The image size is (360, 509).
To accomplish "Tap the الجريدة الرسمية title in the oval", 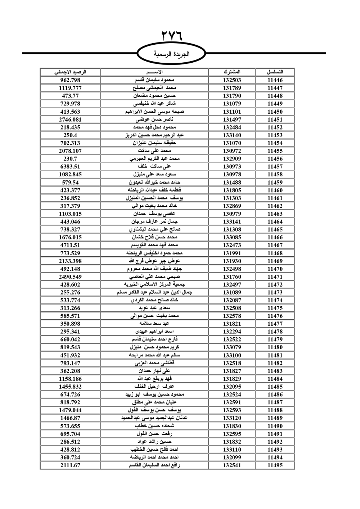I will [172, 54].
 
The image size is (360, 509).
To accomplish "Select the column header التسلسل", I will [275, 72].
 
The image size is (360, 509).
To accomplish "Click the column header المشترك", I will [232, 72].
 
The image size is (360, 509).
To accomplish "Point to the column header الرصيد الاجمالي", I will [70, 72].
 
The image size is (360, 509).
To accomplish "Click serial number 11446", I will [275, 80].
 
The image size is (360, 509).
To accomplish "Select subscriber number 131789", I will [232, 88].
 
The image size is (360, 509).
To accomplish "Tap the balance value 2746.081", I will [70, 120].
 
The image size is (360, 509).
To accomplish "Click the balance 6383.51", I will [70, 167].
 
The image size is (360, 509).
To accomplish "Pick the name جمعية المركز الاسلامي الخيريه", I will [154, 284].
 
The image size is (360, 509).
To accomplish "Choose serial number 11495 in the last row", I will [275, 465].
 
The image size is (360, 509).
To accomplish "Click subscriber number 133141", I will [232, 222].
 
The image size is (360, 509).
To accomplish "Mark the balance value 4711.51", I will [70, 245].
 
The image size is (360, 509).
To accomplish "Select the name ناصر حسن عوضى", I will [154, 120].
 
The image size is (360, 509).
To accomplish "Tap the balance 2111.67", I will [70, 465].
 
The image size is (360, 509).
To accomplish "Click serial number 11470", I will [275, 269].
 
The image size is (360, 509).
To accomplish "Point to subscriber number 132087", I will [232, 300].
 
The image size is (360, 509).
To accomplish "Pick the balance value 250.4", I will [70, 135].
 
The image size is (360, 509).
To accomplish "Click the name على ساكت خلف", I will [154, 167].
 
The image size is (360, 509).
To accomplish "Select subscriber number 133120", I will [232, 418].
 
